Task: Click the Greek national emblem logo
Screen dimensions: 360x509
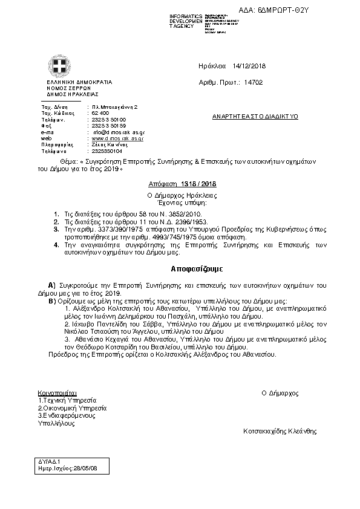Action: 59,66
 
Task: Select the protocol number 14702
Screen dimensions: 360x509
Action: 253,82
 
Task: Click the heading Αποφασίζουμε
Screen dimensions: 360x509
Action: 179,267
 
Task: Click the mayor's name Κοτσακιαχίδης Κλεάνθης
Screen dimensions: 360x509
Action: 280,432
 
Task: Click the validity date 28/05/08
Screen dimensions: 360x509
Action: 83,468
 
